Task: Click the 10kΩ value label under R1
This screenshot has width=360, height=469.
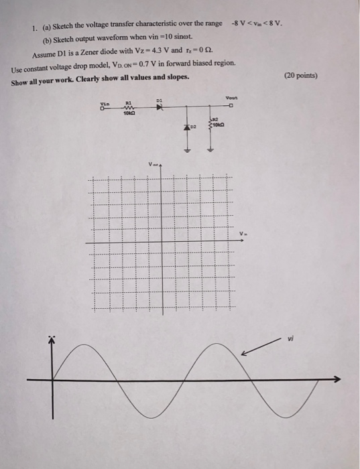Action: tap(129, 115)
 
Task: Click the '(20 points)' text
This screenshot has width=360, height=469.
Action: tap(303, 75)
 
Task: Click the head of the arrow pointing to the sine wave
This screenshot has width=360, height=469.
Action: tap(245, 354)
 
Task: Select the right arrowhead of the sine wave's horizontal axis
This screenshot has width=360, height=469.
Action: tap(337, 379)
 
